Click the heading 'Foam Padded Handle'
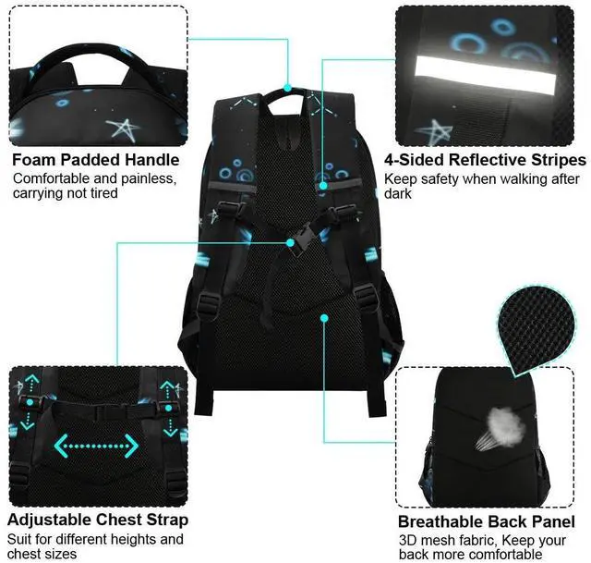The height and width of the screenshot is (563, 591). click(95, 159)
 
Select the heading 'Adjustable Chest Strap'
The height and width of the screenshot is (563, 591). click(98, 520)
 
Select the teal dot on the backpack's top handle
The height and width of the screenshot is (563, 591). click(288, 90)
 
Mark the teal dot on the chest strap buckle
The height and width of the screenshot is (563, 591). click(291, 242)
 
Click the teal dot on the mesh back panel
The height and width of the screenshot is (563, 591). click(325, 318)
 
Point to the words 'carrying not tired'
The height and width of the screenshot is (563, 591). click(66, 194)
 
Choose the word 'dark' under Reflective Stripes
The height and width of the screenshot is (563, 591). click(400, 194)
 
